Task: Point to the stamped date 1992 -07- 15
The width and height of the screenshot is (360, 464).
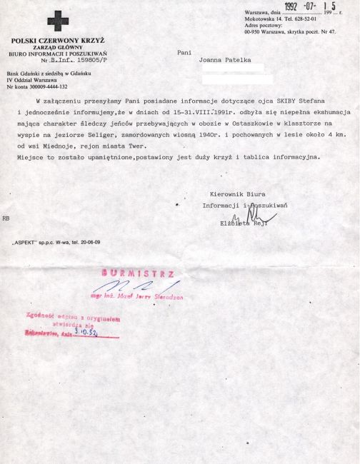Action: coord(311,8)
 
